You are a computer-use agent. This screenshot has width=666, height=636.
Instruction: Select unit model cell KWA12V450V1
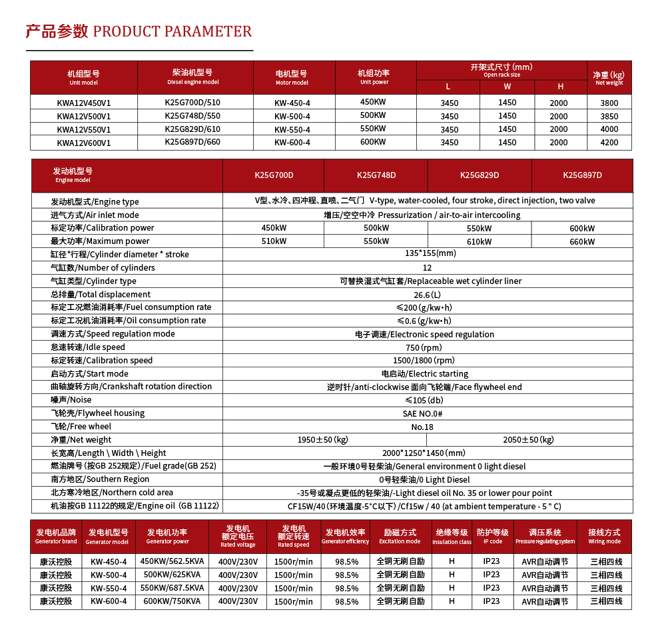click(84, 103)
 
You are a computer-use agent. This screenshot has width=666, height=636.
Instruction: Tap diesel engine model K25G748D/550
click(192, 116)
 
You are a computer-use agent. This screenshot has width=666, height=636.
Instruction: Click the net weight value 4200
click(609, 142)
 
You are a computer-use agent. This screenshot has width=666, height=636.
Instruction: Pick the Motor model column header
click(292, 77)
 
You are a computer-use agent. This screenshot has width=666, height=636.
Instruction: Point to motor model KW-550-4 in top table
click(292, 129)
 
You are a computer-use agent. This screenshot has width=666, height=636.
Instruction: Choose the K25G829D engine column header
click(480, 175)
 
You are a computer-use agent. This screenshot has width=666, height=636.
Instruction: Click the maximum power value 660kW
click(582, 241)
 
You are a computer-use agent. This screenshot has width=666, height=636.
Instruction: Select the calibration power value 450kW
click(274, 228)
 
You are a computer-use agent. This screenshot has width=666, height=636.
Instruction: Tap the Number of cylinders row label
click(103, 268)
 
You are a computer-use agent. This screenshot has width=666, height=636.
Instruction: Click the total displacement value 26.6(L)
click(427, 295)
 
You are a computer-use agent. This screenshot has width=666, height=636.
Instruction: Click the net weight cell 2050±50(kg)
click(528, 440)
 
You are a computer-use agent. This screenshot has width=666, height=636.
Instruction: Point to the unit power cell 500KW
click(373, 116)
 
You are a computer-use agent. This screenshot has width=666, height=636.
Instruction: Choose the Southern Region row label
click(100, 479)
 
